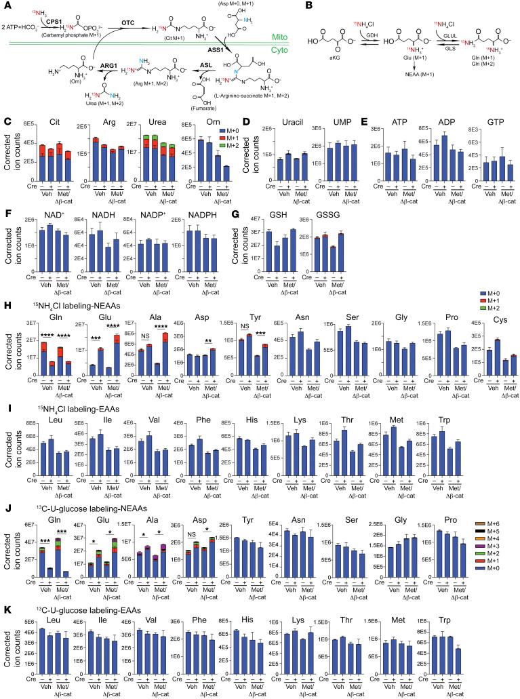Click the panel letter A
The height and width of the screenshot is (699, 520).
point(5,5)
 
